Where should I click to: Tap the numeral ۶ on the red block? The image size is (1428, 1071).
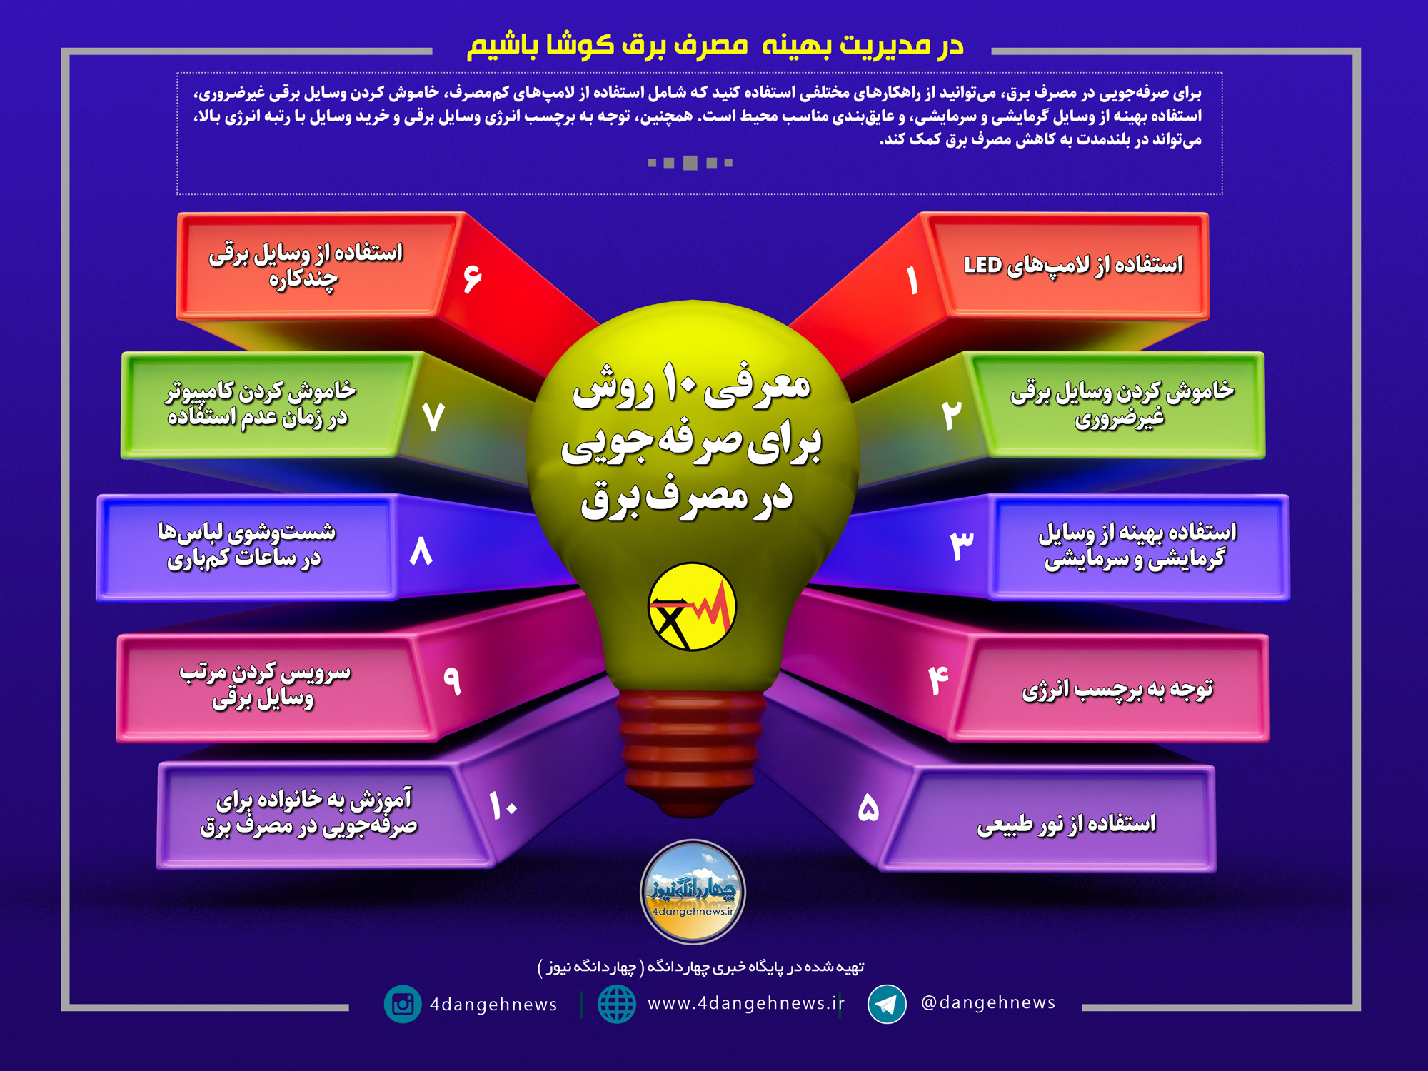click(x=472, y=278)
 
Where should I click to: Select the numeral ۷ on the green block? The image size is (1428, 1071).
click(x=433, y=416)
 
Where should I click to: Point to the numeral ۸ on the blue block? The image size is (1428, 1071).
click(x=421, y=551)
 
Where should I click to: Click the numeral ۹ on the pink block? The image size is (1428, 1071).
click(x=452, y=680)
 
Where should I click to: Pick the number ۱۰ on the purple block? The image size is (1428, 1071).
click(x=503, y=805)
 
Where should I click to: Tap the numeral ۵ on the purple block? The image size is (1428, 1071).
click(x=868, y=808)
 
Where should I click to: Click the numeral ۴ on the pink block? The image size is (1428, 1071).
click(x=939, y=680)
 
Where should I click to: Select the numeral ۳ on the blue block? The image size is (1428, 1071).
click(x=962, y=545)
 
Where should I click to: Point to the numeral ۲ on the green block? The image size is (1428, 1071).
click(x=952, y=414)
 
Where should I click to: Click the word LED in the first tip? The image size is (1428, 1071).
click(x=983, y=265)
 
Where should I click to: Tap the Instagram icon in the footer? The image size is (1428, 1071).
click(x=403, y=1004)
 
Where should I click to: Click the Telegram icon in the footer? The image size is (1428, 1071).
click(x=887, y=1004)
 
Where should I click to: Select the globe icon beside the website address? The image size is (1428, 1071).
click(x=616, y=1004)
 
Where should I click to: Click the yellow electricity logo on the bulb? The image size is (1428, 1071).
click(x=692, y=607)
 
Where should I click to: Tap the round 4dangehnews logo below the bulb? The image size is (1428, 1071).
click(x=693, y=892)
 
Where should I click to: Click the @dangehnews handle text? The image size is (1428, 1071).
click(x=988, y=1002)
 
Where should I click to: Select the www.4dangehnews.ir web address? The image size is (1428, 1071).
click(x=745, y=1003)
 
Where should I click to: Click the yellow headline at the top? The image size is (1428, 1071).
click(x=715, y=45)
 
